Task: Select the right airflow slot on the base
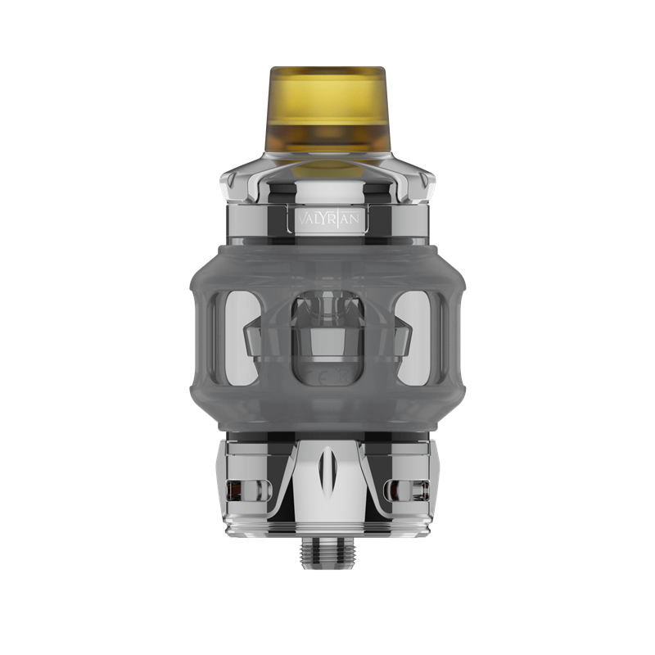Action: pyautogui.click(x=412, y=490)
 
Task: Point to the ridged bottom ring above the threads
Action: pyautogui.click(x=327, y=533)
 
